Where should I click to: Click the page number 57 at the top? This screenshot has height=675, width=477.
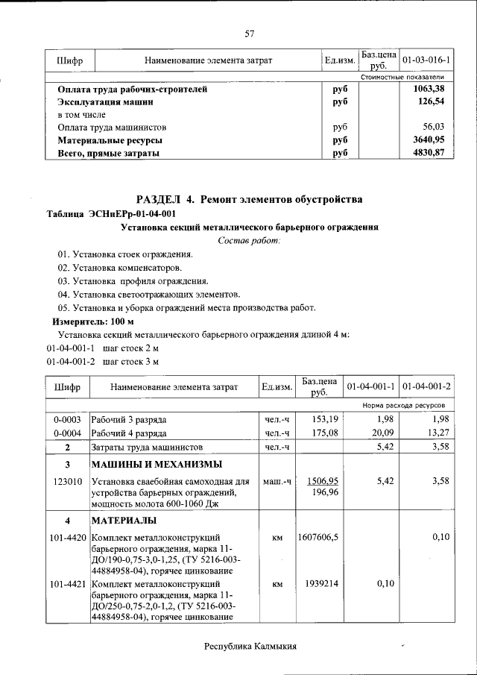click(250, 33)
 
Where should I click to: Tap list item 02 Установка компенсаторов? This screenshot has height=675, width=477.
click(119, 268)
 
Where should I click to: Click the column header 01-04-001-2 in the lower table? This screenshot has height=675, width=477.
click(426, 387)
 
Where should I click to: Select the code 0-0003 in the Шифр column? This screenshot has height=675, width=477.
click(68, 418)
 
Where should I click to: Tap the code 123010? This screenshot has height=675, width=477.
click(68, 482)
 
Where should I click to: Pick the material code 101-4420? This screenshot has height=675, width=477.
click(68, 537)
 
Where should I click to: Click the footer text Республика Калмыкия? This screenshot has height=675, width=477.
click(250, 646)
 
